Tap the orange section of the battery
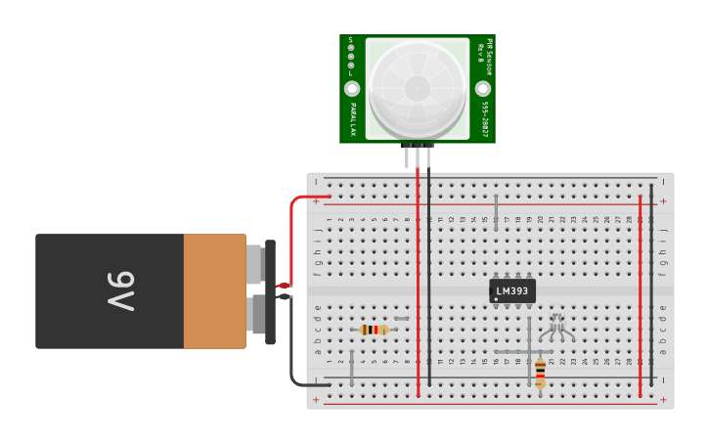point(214,291)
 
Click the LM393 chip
point(512,290)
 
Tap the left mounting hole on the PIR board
point(352,88)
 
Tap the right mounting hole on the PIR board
point(483,88)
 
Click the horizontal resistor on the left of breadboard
point(374,330)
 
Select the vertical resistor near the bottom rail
point(540,372)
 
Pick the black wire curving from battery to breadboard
point(292,352)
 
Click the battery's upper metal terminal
point(254,264)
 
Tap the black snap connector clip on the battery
point(270,291)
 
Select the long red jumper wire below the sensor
point(418,284)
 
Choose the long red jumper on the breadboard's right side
point(641,293)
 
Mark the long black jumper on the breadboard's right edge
point(652,284)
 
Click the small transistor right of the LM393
point(556,327)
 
